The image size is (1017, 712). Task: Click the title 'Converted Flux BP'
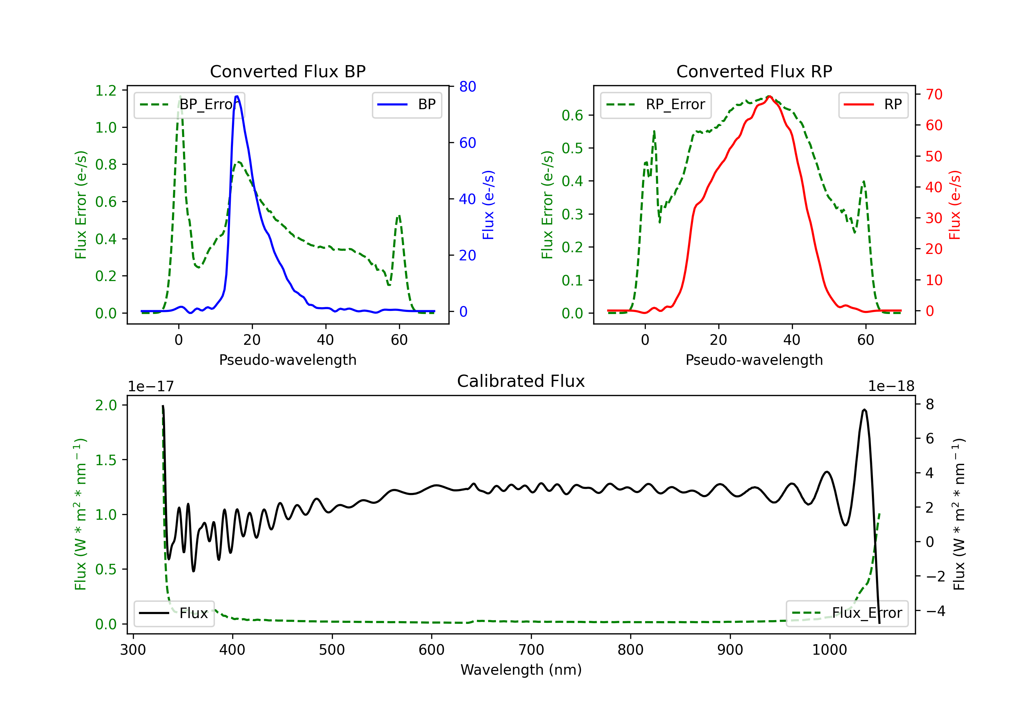pos(288,71)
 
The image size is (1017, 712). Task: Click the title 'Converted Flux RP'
pos(754,71)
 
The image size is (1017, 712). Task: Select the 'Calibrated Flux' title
pos(521,381)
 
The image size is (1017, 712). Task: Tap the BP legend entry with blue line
pos(406,104)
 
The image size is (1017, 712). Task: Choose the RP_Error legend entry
pos(656,104)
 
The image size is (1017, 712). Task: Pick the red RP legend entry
pos(873,104)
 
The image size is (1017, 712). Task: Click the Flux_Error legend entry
pos(847,613)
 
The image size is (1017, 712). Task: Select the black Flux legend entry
pos(174,613)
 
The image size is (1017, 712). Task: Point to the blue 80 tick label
pos(468,86)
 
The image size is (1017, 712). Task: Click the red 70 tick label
pos(934,94)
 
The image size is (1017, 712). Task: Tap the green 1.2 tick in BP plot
pos(106,91)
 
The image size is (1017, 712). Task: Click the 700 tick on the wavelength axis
pos(531,650)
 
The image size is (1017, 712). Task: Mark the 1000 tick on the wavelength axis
pos(830,650)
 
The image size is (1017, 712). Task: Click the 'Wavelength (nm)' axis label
pos(521,670)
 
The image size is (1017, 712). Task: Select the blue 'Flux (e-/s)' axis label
pos(488,205)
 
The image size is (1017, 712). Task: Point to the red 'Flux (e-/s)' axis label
pos(955,205)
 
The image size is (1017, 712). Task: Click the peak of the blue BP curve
pos(237,96)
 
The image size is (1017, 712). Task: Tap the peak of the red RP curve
pos(770,96)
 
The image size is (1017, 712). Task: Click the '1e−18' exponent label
pos(891,387)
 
